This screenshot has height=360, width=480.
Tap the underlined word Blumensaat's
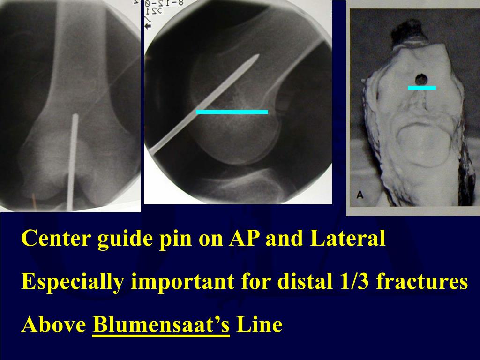click(x=161, y=324)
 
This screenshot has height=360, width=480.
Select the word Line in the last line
click(x=259, y=324)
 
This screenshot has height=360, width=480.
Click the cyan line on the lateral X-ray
click(x=232, y=112)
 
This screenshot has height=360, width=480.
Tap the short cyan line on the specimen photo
click(x=422, y=88)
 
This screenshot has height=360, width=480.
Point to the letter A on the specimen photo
click(x=360, y=196)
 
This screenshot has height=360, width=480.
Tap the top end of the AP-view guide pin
click(x=75, y=117)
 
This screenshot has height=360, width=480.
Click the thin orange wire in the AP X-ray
click(x=34, y=202)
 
